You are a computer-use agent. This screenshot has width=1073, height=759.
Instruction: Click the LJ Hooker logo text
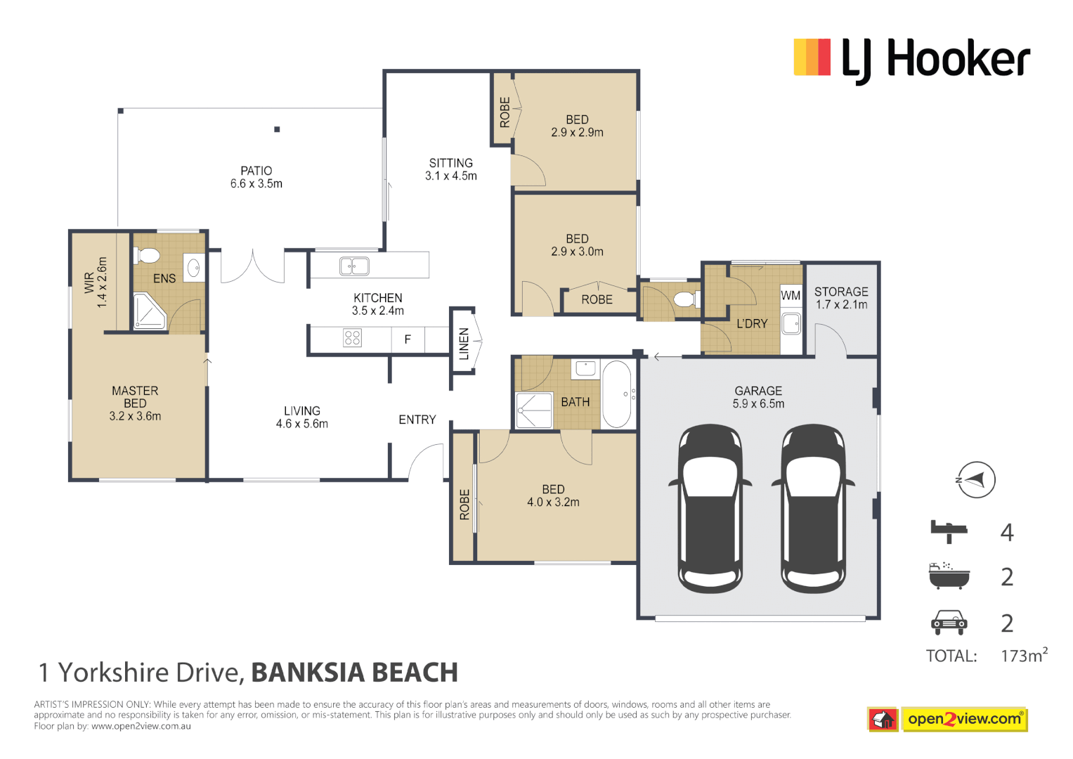pyautogui.click(x=935, y=60)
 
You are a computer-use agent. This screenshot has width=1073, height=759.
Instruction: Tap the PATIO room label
pyautogui.click(x=256, y=171)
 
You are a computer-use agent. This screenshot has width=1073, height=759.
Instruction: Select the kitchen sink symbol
pyautogui.click(x=354, y=266)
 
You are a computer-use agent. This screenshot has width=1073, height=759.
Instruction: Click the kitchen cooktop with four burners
pyautogui.click(x=352, y=338)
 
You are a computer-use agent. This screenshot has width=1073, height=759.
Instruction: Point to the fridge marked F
pyautogui.click(x=408, y=339)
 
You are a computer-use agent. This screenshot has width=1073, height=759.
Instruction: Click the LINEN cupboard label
pyautogui.click(x=464, y=344)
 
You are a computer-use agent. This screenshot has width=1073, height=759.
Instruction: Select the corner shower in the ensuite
pyautogui.click(x=148, y=311)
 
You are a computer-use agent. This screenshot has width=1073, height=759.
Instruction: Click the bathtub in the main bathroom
pyautogui.click(x=617, y=394)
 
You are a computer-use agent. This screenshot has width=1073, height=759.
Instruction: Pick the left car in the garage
pyautogui.click(x=710, y=509)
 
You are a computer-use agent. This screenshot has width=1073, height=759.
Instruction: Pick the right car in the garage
pyautogui.click(x=813, y=509)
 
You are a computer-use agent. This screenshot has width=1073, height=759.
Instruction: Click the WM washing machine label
pyautogui.click(x=791, y=296)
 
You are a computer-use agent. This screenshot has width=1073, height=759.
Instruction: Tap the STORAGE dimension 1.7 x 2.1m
pyautogui.click(x=841, y=305)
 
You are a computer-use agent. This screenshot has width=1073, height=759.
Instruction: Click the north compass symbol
pyautogui.click(x=976, y=480)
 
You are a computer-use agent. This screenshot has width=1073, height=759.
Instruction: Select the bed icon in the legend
pyautogui.click(x=949, y=531)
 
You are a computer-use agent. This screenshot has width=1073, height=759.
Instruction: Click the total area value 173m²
pyautogui.click(x=1023, y=656)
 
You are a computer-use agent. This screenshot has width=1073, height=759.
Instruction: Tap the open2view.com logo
pyautogui.click(x=963, y=719)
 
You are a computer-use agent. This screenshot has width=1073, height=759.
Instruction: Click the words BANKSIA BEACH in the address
pyautogui.click(x=354, y=673)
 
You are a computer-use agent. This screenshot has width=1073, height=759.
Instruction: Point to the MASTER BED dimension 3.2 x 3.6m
pyautogui.click(x=135, y=416)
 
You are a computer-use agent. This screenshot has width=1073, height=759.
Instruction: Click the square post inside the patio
pyautogui.click(x=277, y=129)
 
